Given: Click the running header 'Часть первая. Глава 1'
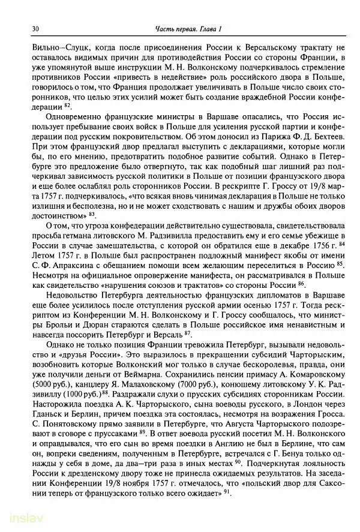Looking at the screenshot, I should tap(188, 29).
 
